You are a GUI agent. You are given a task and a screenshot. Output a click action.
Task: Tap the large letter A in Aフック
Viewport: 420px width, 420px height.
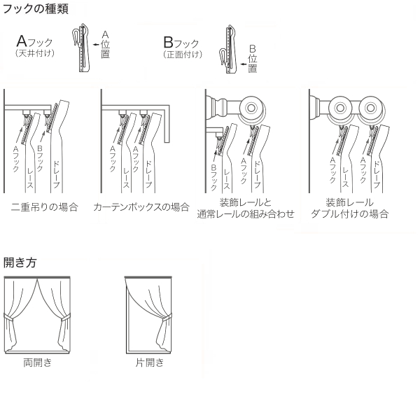pos(22,40)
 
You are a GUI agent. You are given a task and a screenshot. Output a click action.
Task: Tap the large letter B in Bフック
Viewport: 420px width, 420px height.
pos(168,40)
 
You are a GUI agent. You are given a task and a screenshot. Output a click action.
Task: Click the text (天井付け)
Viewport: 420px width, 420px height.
pos(35,54)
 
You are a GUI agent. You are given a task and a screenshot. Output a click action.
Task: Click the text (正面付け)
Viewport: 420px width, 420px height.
pos(183,54)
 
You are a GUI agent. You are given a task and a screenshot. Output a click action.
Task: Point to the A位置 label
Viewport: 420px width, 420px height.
pos(105,43)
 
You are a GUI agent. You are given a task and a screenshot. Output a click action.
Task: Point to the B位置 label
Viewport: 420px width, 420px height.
pos(253,57)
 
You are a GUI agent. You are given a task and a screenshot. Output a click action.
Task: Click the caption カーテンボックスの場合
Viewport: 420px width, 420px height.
pos(141,207)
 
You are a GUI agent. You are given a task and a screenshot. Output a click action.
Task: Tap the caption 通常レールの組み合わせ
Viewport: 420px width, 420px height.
pos(246,214)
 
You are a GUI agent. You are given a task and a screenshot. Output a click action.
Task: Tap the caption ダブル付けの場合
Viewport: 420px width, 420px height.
pos(349,214)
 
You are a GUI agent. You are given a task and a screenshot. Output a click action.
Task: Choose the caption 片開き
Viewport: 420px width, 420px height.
pos(150,363)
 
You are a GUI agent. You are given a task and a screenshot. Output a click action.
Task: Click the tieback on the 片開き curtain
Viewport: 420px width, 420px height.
pos(166,321)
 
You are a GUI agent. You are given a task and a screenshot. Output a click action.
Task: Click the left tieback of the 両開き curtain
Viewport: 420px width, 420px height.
pos(10,321)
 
